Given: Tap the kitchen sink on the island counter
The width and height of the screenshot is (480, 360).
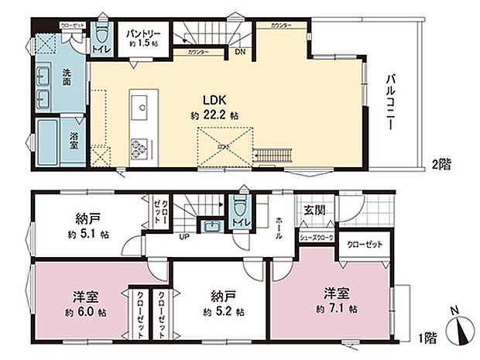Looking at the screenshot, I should click(x=142, y=106).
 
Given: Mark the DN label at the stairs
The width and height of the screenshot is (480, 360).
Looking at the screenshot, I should click(x=241, y=53).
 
